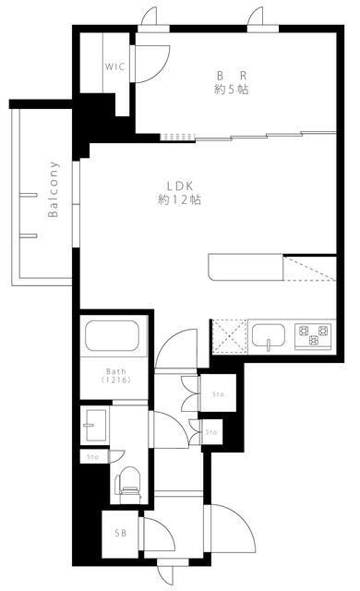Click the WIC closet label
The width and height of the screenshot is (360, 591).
[114, 66]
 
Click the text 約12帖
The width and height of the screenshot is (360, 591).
[179, 199]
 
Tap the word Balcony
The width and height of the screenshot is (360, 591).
[54, 189]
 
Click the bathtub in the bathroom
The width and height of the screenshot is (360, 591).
[111, 337]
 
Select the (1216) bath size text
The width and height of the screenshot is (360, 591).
[111, 380]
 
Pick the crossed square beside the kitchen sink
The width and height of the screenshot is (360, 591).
[226, 337]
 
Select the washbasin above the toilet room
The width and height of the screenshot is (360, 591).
[95, 428]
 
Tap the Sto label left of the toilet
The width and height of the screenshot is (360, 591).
[92, 457]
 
